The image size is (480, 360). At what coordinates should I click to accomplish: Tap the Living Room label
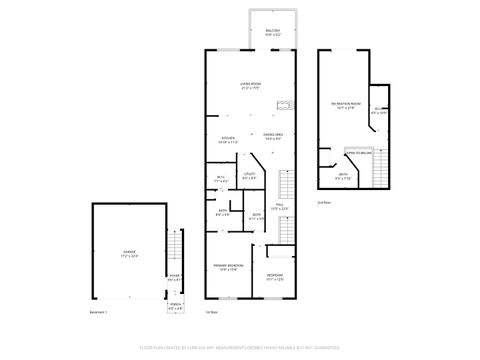250,86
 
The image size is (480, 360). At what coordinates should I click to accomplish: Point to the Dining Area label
273,135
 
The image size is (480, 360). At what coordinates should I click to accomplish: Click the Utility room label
250,177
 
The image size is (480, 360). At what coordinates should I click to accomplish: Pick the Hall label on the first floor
281,207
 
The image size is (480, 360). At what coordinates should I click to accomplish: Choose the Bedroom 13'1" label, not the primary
275,277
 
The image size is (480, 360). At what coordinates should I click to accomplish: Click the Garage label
128,255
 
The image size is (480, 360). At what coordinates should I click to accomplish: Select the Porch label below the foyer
175,307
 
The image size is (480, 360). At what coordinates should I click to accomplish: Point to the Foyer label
174,279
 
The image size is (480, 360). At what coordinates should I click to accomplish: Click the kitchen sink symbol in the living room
283,102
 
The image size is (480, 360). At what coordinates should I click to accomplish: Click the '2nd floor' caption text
322,202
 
